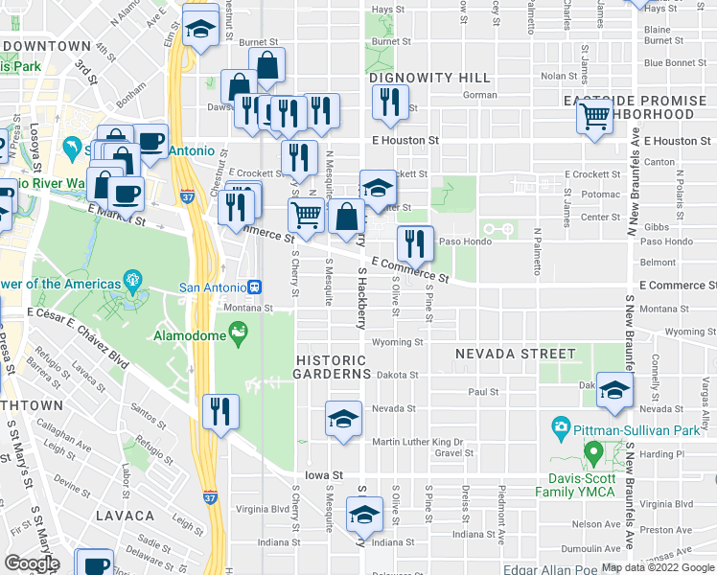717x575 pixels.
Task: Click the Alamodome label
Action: [x=192, y=335]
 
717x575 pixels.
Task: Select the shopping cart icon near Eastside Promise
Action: [x=595, y=117]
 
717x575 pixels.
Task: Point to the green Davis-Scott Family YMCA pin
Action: [x=592, y=451]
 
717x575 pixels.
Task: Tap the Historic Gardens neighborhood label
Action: [x=332, y=365]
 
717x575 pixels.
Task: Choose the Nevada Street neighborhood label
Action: [x=516, y=354]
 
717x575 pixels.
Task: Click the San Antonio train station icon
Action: [x=255, y=287]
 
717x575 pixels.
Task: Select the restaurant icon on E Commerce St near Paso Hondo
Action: [x=415, y=243]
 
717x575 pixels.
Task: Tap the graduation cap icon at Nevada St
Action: [x=343, y=419]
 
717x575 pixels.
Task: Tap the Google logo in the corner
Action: [x=32, y=563]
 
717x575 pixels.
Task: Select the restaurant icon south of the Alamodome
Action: [x=220, y=413]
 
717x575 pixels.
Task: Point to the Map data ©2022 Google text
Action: [x=659, y=567]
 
